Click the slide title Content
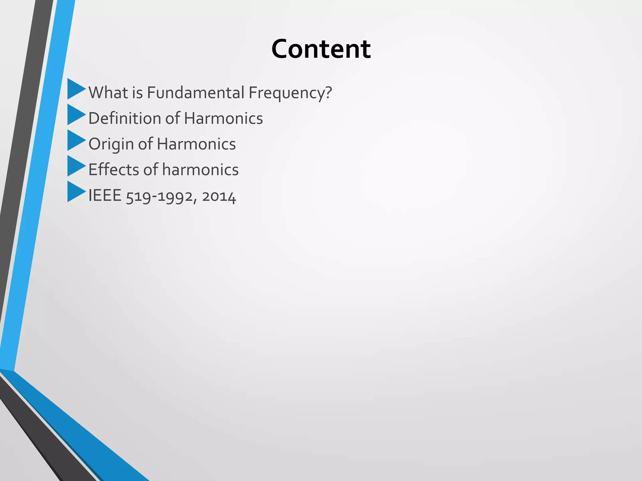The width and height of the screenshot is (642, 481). tap(321, 49)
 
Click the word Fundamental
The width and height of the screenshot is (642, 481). tap(196, 93)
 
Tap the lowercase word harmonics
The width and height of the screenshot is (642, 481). tap(200, 170)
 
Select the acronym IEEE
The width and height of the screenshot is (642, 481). tap(105, 196)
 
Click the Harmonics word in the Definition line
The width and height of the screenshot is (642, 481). tap(223, 118)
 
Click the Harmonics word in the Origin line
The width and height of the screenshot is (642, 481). tap(196, 144)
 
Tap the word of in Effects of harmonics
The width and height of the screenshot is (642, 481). tap(151, 170)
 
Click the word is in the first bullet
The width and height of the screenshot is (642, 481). tap(137, 93)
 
